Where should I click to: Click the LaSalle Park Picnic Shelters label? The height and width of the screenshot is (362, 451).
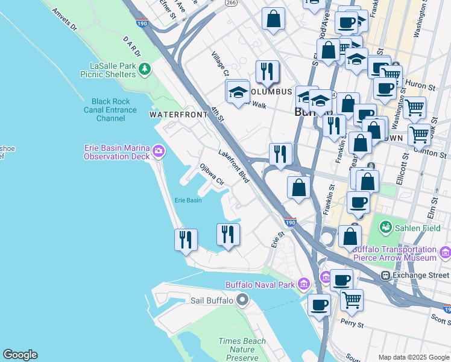(108, 69)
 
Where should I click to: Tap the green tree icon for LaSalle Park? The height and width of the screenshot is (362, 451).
(145, 70)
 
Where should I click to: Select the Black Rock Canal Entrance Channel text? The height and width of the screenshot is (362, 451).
(110, 110)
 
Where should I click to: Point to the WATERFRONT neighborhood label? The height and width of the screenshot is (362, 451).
(174, 114)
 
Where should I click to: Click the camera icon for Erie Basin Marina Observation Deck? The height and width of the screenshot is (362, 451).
(158, 150)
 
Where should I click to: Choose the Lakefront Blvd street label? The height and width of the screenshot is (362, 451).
(234, 167)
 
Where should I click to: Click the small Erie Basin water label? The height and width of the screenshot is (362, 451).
(188, 200)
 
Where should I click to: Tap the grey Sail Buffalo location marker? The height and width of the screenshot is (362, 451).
(242, 300)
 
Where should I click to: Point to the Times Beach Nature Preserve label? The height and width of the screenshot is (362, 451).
(242, 349)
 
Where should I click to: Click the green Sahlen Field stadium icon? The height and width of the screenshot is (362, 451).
(385, 227)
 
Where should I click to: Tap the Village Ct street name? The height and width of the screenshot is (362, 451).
(220, 63)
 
